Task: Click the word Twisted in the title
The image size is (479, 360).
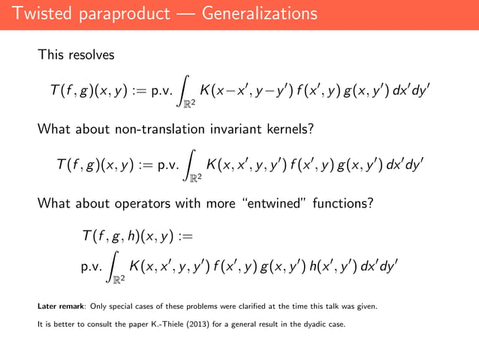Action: pyautogui.click(x=42, y=14)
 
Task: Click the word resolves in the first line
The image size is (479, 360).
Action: pyautogui.click(x=94, y=55)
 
